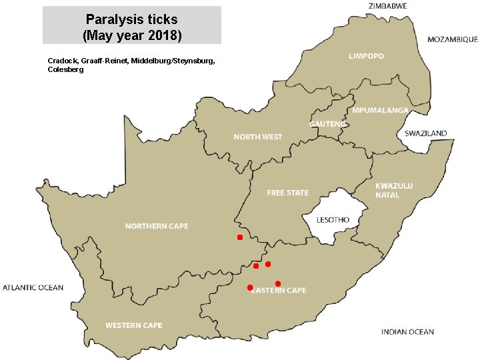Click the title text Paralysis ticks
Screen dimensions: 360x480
[131, 19]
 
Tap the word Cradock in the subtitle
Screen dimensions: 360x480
[63, 61]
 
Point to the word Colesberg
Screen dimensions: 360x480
[66, 69]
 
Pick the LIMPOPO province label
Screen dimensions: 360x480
[366, 56]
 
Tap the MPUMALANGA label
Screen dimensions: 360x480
[380, 110]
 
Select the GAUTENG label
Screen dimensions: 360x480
[327, 124]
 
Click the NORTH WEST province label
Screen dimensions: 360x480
[257, 137]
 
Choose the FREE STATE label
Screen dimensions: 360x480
[287, 193]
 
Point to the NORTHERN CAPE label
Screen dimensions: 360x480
[157, 226]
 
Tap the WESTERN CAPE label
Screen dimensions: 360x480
[133, 325]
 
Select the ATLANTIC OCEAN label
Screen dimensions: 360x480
[33, 288]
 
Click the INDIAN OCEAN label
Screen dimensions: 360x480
[407, 332]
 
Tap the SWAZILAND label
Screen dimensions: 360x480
[425, 133]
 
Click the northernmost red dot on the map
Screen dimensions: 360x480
[239, 237]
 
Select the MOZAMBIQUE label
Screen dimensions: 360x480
[452, 39]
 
